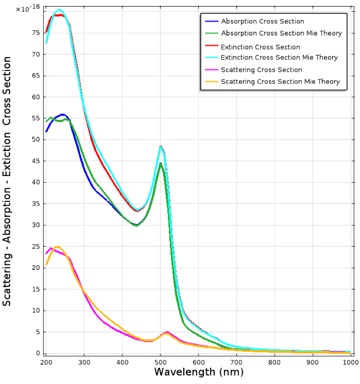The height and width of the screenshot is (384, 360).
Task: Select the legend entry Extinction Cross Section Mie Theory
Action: pos(279,57)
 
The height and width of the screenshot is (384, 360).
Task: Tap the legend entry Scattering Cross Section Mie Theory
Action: pos(280,82)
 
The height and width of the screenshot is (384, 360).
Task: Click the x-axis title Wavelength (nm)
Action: pos(199,372)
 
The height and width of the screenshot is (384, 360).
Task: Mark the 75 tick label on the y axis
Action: pos(36,33)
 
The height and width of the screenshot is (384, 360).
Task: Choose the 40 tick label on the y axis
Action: pos(36,182)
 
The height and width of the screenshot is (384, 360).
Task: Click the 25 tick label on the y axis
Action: pos(36,246)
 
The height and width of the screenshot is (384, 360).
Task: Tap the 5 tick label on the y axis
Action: pos(38,332)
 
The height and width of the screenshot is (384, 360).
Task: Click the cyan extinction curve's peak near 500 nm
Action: pos(160,147)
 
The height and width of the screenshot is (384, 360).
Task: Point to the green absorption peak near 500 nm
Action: pos(160,163)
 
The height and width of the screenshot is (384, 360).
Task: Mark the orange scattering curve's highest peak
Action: pos(57,246)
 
